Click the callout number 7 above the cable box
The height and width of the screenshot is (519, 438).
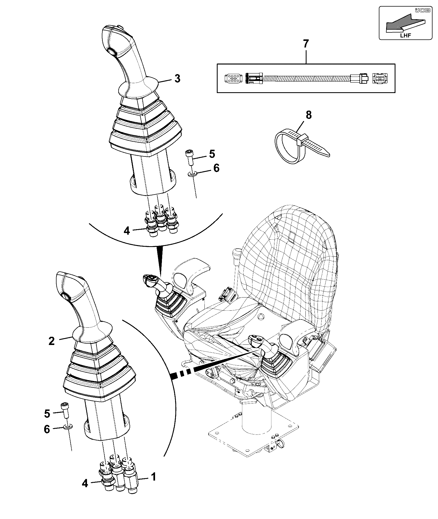pyautogui.click(x=306, y=44)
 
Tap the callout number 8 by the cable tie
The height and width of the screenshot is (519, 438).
pyautogui.click(x=309, y=115)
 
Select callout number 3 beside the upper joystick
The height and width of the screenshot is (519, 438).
pyautogui.click(x=178, y=78)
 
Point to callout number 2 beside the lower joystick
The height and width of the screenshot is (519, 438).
pyautogui.click(x=52, y=341)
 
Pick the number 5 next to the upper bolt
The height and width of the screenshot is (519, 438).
pyautogui.click(x=212, y=154)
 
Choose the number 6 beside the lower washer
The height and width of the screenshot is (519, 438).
pyautogui.click(x=47, y=429)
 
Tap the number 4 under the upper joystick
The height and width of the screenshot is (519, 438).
pyautogui.click(x=127, y=231)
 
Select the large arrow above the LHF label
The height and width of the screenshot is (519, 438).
pyautogui.click(x=405, y=23)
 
